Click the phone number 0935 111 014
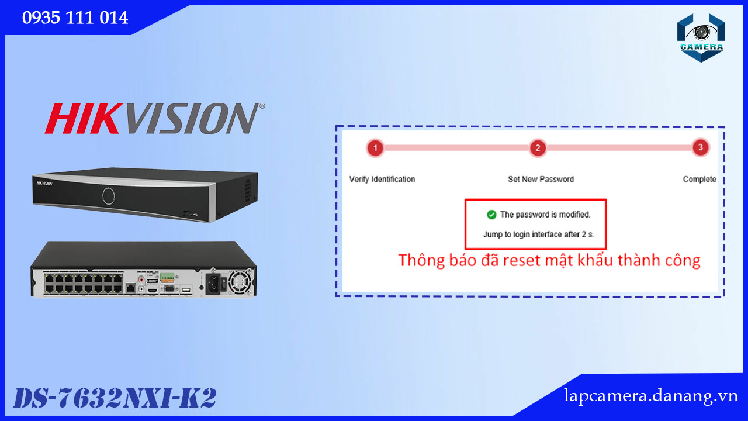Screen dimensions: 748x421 (75, 18)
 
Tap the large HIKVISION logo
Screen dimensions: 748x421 (155, 118)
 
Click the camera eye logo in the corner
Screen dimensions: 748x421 (701, 38)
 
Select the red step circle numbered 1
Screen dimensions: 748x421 (375, 148)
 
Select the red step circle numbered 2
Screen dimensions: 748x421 (538, 148)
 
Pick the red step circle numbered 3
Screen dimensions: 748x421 (700, 147)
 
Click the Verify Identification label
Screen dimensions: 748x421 (382, 179)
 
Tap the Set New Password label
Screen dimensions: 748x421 (541, 179)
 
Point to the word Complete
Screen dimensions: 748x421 (699, 179)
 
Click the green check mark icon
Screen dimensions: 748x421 (491, 215)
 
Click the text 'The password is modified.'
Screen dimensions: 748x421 (545, 215)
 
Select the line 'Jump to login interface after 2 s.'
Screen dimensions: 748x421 (538, 234)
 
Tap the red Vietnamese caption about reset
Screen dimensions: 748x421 (549, 261)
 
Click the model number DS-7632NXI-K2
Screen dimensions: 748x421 (115, 398)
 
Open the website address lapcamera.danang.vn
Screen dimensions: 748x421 (650, 396)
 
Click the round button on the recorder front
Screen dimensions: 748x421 (109, 196)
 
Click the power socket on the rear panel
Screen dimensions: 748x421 (213, 284)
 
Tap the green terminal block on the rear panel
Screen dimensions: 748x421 (167, 277)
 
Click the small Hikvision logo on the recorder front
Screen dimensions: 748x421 (44, 184)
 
